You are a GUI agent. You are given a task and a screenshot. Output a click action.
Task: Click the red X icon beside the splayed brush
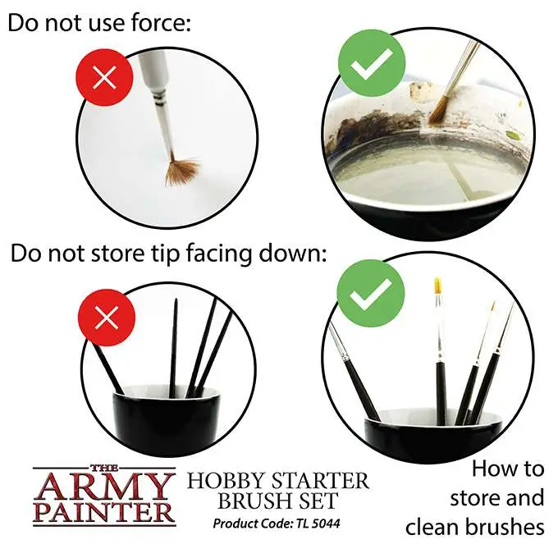pyautogui.click(x=104, y=77)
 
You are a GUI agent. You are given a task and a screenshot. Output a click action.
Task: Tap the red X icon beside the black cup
pyautogui.click(x=107, y=317)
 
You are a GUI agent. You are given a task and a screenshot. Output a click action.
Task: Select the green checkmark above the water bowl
pyautogui.click(x=372, y=63)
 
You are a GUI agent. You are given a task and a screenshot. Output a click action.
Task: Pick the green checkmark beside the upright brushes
pyautogui.click(x=371, y=293)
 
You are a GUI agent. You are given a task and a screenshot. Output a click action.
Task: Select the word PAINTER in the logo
pyautogui.click(x=104, y=513)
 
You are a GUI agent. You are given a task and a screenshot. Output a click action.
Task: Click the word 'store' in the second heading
pyautogui.click(x=118, y=253)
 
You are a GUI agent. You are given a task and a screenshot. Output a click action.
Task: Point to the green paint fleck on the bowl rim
pyautogui.click(x=512, y=135)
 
